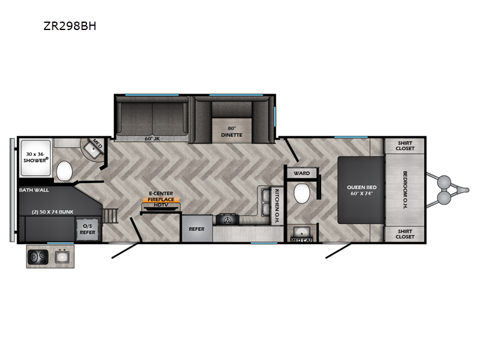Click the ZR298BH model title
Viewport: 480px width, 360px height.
(x=70, y=26)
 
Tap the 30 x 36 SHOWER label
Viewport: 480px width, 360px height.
(x=35, y=157)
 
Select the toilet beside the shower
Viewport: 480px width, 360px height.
(x=64, y=171)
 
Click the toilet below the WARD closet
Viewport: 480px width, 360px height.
(x=302, y=193)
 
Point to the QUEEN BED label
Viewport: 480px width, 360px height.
(x=362, y=190)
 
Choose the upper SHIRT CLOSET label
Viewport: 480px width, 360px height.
(x=404, y=146)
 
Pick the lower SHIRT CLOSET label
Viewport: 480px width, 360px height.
(x=404, y=234)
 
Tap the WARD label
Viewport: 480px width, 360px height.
(x=302, y=173)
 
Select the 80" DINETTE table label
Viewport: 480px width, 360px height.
(x=232, y=131)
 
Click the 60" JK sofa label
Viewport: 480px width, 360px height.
(x=152, y=139)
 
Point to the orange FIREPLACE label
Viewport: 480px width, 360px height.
(x=161, y=199)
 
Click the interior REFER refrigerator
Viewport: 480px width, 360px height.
(x=197, y=229)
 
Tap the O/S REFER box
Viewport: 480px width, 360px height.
(x=88, y=229)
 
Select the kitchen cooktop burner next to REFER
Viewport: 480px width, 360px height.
(x=227, y=220)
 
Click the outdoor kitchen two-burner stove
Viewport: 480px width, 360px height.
(x=38, y=257)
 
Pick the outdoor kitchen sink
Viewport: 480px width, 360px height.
(x=62, y=257)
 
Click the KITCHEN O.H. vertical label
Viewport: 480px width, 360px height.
(x=277, y=206)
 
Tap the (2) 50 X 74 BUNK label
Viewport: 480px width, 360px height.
(x=53, y=212)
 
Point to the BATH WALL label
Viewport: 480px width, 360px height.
(x=34, y=190)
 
